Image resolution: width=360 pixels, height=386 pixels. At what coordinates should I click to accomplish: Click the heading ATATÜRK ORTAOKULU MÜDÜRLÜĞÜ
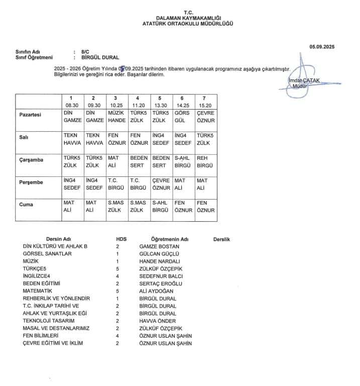click(x=188, y=24)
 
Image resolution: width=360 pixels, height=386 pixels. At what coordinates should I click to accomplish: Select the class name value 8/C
click(x=84, y=52)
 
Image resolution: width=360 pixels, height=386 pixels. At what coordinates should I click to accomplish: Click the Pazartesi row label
click(x=30, y=115)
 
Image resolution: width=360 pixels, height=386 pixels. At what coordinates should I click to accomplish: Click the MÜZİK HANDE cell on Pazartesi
click(x=116, y=117)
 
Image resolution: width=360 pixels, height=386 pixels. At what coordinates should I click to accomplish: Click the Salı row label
click(x=24, y=137)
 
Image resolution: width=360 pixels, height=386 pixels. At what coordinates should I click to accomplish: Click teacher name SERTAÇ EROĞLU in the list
click(x=159, y=283)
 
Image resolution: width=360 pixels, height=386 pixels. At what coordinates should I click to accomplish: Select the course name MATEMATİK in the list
click(x=38, y=291)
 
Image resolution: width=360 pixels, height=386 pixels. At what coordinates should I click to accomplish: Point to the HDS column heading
click(x=121, y=239)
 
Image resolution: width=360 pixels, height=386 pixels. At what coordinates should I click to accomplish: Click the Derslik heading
click(x=221, y=239)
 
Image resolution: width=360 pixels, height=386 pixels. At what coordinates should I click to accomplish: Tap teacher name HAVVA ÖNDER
click(x=158, y=321)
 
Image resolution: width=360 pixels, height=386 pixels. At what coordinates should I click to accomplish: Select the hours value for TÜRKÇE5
click(x=117, y=269)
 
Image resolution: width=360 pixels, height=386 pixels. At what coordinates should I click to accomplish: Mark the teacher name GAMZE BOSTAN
click(x=159, y=246)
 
